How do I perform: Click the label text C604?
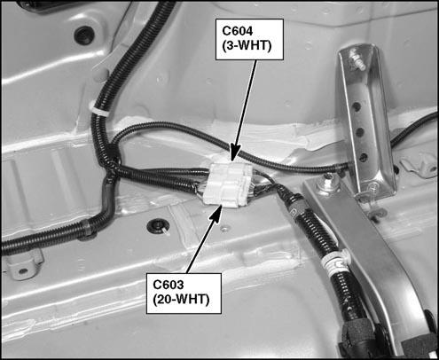coord(239,31)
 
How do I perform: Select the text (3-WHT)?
coord(247,46)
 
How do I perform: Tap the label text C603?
coord(169,285)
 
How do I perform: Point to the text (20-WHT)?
coord(181,300)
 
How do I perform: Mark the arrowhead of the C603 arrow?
coord(216,212)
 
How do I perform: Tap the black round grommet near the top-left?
coord(84,35)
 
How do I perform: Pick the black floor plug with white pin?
coord(158,227)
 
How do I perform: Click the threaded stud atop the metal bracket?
coord(357,61)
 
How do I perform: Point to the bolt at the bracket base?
coord(329,184)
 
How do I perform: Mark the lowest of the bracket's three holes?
coord(364,157)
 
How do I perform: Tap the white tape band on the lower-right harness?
coord(335,261)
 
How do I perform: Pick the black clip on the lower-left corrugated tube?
coord(88,229)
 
